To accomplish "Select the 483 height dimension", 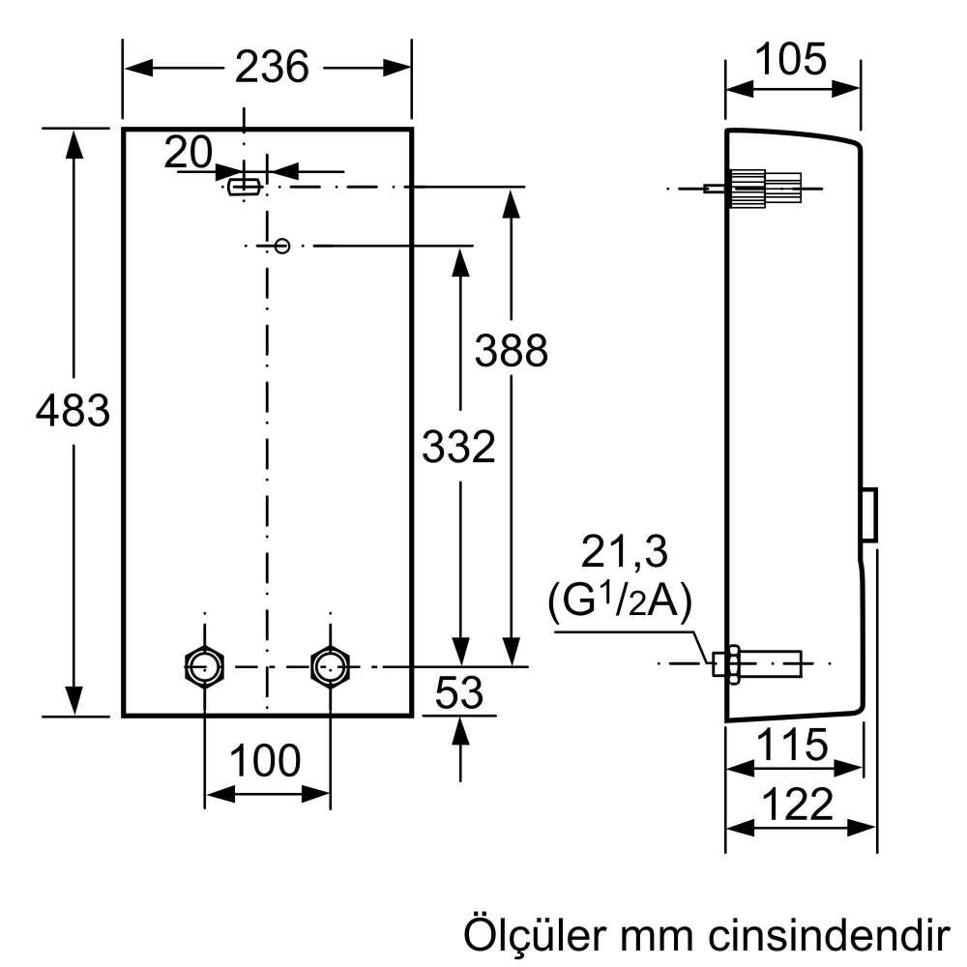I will [x=73, y=412].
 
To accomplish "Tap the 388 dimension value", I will [x=511, y=351].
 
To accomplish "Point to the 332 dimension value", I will [x=458, y=447].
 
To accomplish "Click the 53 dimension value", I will [x=458, y=693].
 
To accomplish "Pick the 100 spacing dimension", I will [x=267, y=762].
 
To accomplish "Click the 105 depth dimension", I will [x=791, y=60].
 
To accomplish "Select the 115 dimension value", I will [x=793, y=746].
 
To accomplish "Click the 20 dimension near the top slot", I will [x=188, y=152].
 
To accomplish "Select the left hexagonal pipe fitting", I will [x=205, y=665].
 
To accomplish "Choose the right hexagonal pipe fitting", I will [x=331, y=665].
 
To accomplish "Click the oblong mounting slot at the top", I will [x=243, y=186].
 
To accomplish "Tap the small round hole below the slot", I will [x=282, y=246].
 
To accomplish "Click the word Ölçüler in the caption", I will [x=531, y=936].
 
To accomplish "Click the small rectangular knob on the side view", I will [x=869, y=514].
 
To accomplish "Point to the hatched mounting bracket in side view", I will [x=764, y=188].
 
